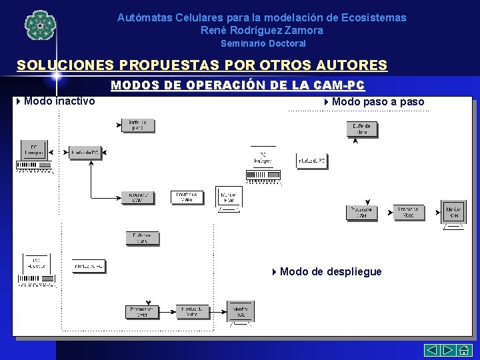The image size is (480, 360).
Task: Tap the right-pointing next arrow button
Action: pos(448,351)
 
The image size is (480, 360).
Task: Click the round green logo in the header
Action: pos(38,26)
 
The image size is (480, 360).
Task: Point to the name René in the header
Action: pos(213,30)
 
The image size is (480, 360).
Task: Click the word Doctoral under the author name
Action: pos(287,43)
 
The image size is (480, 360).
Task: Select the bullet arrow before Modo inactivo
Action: pos(18,101)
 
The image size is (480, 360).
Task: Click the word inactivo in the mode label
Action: pos(74,101)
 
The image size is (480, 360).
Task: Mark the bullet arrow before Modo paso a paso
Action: pos(326,102)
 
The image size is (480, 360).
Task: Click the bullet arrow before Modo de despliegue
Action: pos(275,271)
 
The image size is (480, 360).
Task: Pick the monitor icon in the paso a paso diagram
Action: pos(454,213)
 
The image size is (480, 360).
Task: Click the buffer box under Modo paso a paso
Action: pos(363,129)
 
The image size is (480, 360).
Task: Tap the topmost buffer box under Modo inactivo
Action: pos(138,125)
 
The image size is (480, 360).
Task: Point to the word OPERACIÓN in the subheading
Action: pos(227,85)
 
